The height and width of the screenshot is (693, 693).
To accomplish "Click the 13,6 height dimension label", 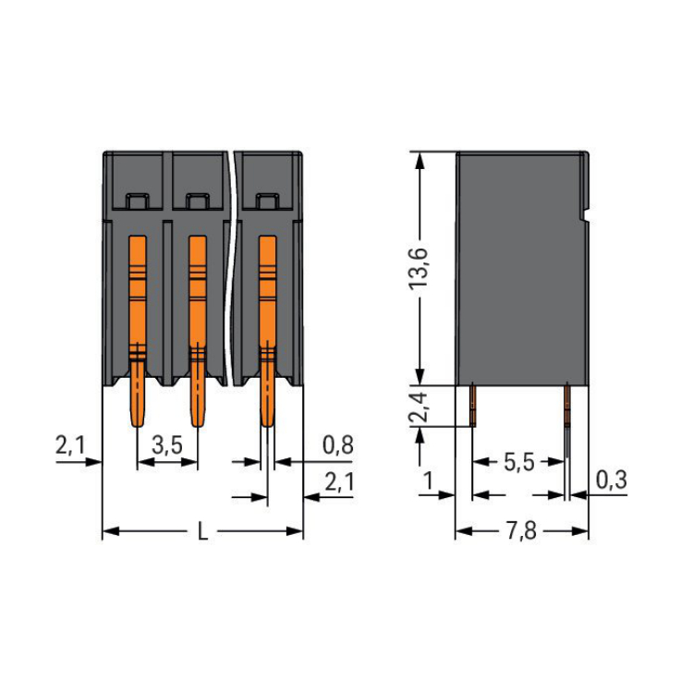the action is point(418,269).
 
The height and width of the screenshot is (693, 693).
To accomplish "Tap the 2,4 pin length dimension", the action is point(418,407).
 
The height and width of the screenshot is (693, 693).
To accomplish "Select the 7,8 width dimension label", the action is point(521,530).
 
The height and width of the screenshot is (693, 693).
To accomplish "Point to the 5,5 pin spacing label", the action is point(519,462).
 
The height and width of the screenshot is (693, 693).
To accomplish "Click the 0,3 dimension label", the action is point(612,480).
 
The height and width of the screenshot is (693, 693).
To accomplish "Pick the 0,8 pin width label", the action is point(338,445).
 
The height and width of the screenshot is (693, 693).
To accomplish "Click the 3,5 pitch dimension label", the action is point(167,445).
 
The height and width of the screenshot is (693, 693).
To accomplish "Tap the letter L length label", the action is point(203,531).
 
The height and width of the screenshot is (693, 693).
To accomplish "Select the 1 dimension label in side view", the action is point(428,480).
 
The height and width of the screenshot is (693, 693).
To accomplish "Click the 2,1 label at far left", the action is point(70,445).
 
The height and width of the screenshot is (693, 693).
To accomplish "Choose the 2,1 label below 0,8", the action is point(339,481).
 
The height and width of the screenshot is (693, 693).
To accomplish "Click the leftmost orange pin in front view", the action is point(138,332).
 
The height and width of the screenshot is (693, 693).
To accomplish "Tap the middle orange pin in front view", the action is point(198,332).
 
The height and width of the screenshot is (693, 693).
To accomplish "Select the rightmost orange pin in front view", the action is point(267,332).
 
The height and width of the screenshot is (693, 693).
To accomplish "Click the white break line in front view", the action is point(229,268).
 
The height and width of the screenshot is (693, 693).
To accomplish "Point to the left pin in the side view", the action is point(473,405).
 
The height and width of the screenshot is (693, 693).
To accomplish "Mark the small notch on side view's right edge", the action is point(586,216).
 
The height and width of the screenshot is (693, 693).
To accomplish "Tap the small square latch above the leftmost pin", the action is point(137,201).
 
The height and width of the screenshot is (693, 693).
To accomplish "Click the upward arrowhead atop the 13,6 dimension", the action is point(419,162).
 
